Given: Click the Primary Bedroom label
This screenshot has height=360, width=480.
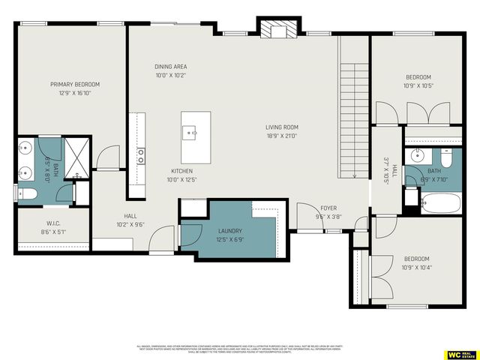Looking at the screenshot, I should (x=74, y=84).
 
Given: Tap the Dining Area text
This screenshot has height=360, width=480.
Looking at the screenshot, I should (x=169, y=66).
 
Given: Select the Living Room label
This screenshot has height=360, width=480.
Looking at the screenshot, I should (x=281, y=127).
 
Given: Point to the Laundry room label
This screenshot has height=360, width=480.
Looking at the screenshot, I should (x=229, y=231).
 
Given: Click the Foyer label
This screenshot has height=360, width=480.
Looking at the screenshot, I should (x=328, y=208).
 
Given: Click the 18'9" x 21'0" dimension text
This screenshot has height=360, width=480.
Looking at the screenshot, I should (x=281, y=136).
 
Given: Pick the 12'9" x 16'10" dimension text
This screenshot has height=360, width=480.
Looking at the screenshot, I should (x=74, y=93).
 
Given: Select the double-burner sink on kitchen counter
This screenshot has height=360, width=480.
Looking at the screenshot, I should (x=140, y=156).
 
